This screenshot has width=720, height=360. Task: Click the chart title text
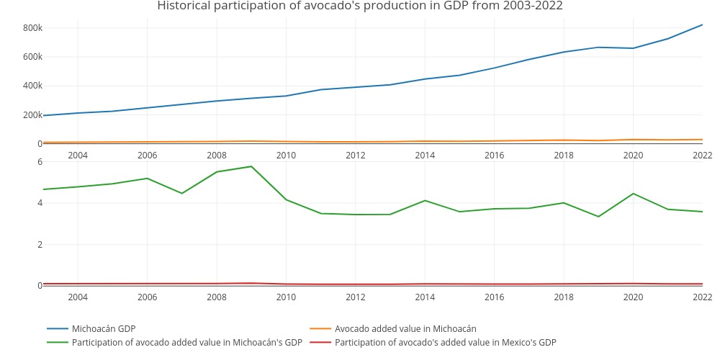[360, 6]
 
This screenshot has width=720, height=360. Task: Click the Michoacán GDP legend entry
[104, 329]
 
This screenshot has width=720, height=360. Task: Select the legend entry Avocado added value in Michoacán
[405, 329]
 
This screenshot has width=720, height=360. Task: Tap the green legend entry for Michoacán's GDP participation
[186, 343]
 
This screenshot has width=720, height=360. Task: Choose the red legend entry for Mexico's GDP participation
[445, 343]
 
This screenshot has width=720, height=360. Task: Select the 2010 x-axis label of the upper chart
[286, 156]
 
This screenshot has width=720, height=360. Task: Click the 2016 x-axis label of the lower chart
[494, 297]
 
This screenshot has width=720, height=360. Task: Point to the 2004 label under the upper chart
[78, 156]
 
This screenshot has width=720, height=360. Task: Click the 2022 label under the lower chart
[702, 297]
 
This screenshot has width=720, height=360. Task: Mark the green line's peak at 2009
[251, 166]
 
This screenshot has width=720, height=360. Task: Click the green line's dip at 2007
[182, 193]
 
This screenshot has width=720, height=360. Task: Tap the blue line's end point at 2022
[702, 25]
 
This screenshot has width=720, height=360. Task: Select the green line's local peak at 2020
[633, 194]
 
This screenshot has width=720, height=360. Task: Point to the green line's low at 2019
[598, 217]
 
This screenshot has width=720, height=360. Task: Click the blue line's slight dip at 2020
[633, 48]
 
